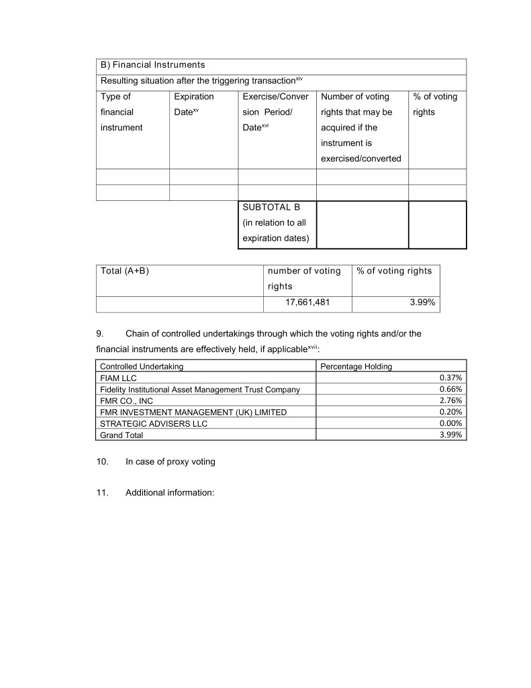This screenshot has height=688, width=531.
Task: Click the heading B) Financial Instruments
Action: pos(152,65)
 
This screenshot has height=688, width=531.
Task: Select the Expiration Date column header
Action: pos(193,104)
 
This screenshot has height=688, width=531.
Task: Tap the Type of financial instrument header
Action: pos(121,112)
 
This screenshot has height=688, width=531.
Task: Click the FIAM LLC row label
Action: pos(118,378)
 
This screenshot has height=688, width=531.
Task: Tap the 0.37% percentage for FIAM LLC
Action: pos(450,378)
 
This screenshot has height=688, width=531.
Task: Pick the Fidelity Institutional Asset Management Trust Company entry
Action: pos(199,390)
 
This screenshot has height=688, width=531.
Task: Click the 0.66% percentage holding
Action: pos(450,390)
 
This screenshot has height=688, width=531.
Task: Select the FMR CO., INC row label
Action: pos(126,401)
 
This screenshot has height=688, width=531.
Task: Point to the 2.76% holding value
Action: pos(450,401)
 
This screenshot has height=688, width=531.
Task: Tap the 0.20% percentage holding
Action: pos(450,413)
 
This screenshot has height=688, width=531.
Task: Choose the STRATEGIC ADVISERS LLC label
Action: pos(153,424)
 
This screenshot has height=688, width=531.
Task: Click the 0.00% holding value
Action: pos(450,424)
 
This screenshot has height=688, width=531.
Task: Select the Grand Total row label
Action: pos(122,435)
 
